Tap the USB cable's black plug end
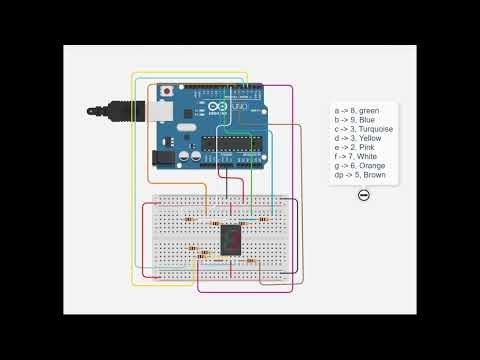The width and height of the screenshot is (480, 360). tap(100, 107)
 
